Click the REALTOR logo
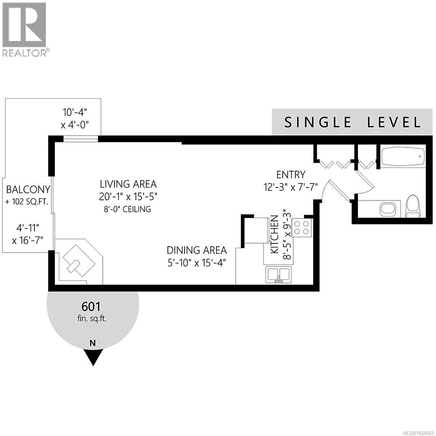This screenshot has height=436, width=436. pyautogui.click(x=24, y=29)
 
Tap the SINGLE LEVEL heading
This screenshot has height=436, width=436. pyautogui.click(x=352, y=122)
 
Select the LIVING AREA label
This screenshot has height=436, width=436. pyautogui.click(x=128, y=184)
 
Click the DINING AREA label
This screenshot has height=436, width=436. pyautogui.click(x=197, y=250)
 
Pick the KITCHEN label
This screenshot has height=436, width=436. pyautogui.click(x=275, y=234)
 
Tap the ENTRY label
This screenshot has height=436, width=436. pyautogui.click(x=291, y=175)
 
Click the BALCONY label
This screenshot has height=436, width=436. pyautogui.click(x=28, y=189)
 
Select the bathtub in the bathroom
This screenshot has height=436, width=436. pyautogui.click(x=403, y=157)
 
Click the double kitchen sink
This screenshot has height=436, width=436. pyautogui.click(x=278, y=274)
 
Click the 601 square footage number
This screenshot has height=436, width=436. pyautogui.click(x=91, y=307)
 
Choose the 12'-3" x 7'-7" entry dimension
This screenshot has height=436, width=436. pyautogui.click(x=291, y=187)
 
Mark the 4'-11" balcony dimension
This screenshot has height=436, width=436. pyautogui.click(x=28, y=228)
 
